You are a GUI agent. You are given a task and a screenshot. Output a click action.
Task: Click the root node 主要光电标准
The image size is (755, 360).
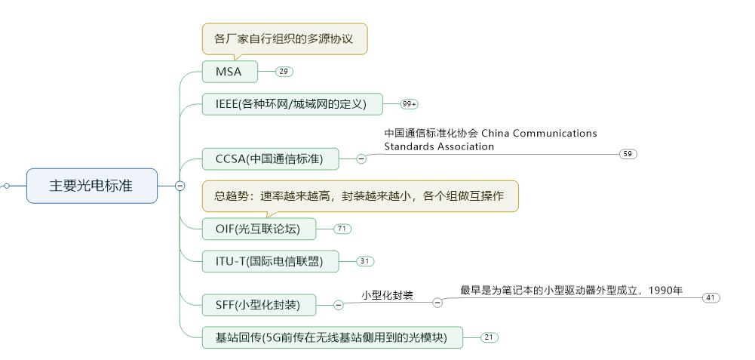click(x=91, y=186)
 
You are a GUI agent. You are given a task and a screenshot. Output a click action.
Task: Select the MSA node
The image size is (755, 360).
click(x=230, y=72)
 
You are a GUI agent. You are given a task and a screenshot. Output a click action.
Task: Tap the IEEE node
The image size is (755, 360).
click(x=292, y=104)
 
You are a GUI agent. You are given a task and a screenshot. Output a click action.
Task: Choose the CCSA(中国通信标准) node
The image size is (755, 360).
click(x=269, y=159)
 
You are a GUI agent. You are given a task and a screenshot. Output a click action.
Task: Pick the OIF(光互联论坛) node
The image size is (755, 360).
click(x=258, y=229)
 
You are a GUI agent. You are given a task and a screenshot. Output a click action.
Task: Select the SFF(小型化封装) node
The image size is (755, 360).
click(x=258, y=305)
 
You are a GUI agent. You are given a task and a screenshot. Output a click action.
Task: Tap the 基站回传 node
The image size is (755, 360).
click(x=332, y=337)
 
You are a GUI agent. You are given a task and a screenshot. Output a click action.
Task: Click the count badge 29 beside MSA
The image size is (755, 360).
click(x=284, y=72)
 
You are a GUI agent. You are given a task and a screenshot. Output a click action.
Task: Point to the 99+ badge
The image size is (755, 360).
click(x=410, y=104)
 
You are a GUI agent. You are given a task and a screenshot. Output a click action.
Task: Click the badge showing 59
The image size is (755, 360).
click(x=628, y=154)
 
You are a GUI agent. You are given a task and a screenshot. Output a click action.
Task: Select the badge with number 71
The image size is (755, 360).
click(x=342, y=229)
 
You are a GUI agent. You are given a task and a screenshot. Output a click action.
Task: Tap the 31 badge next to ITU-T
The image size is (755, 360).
click(x=365, y=262)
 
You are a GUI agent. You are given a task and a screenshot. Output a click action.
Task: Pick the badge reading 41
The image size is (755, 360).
click(x=710, y=298)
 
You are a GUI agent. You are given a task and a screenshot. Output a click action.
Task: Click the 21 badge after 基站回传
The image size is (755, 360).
click(x=490, y=337)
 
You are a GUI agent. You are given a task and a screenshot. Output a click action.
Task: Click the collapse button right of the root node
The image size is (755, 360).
click(x=180, y=186)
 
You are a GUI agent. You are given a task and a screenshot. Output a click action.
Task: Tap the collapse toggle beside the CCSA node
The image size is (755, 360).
click(x=361, y=159)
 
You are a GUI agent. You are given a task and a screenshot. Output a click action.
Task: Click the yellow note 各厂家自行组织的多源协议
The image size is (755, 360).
click(x=284, y=38)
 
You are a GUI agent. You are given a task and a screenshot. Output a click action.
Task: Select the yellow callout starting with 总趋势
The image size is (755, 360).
click(x=360, y=196)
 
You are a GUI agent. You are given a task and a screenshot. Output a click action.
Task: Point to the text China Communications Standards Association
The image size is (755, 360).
click(x=490, y=140)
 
